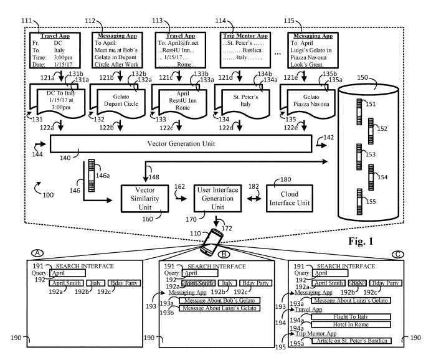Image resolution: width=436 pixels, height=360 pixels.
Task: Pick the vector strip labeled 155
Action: pos(359,197)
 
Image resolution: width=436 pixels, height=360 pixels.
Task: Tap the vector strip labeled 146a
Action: pos(94,169)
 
